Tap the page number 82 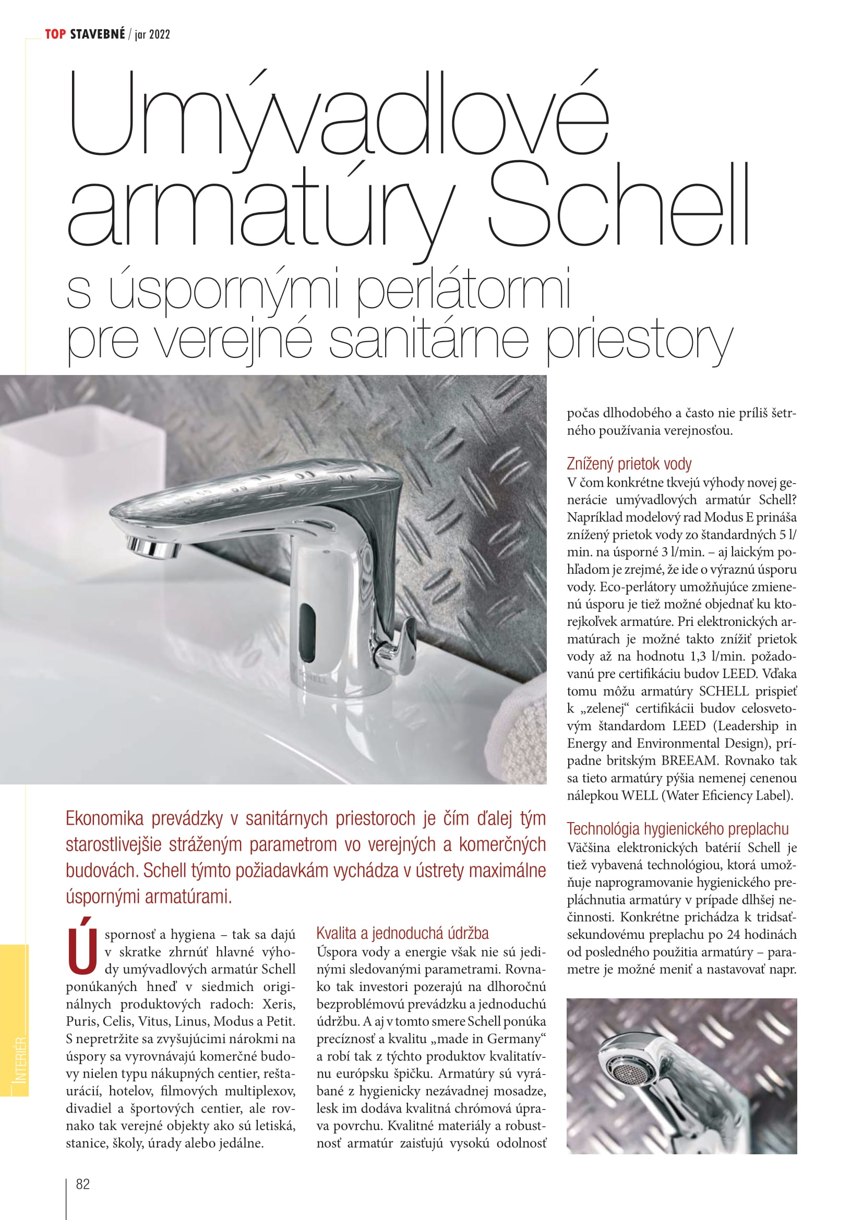(x=83, y=1184)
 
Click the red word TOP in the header (x=55, y=34)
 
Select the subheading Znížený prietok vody (x=629, y=464)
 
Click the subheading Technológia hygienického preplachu (x=678, y=828)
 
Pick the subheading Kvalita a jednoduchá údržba (x=402, y=933)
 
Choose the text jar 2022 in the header (x=152, y=35)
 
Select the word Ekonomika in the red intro (x=104, y=818)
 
